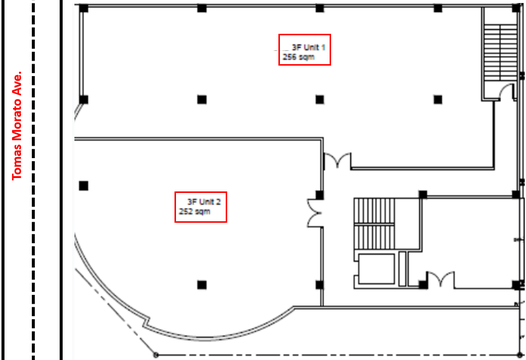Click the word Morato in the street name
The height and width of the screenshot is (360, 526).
tap(17, 121)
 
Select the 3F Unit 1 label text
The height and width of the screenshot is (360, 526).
tap(308, 47)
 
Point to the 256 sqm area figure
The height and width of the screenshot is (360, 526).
tap(299, 57)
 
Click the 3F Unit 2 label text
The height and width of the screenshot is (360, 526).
tap(204, 202)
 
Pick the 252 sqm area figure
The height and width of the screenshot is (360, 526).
tap(195, 211)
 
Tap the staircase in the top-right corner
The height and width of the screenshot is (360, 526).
tap(500, 52)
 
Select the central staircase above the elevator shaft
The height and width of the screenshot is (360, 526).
tap(374, 223)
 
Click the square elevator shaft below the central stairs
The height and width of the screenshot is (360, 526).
tap(376, 269)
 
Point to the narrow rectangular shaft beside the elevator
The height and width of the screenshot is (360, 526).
tap(402, 269)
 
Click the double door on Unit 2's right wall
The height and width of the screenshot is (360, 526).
tap(315, 213)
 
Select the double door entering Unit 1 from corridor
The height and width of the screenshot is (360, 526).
tap(337, 160)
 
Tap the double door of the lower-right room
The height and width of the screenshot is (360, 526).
tap(440, 279)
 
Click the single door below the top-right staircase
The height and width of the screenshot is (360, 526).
tap(507, 91)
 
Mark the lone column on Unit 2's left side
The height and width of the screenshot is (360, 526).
tap(84, 186)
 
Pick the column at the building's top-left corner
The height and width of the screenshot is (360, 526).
tap(84, 8)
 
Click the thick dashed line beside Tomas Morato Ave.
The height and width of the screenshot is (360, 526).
tap(33, 180)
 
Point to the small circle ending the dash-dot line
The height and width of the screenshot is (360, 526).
tap(156, 354)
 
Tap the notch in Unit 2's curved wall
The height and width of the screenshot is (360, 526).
tap(146, 321)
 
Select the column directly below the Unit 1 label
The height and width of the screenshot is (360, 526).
tap(320, 100)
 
